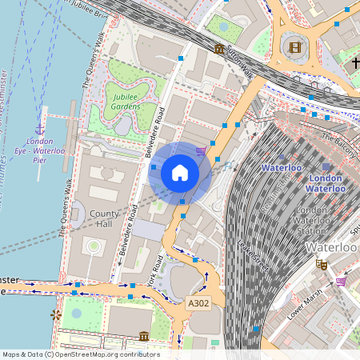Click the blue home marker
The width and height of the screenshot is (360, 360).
click(x=180, y=173)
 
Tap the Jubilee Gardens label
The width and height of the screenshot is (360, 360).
click(x=125, y=99)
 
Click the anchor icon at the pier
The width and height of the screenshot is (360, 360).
click(x=39, y=127)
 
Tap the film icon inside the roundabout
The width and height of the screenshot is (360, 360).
click(x=296, y=47)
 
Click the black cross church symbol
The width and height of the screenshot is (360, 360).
click(x=355, y=62)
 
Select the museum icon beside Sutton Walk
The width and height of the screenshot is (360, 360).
click(x=219, y=50)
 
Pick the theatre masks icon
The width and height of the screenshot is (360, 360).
click(x=322, y=264)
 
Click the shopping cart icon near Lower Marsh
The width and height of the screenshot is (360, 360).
click(x=342, y=282)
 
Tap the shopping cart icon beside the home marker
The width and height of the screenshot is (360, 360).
click(x=201, y=150)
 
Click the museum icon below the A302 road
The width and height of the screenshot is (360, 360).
click(x=143, y=336)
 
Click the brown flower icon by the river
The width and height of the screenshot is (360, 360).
click(x=55, y=315)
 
